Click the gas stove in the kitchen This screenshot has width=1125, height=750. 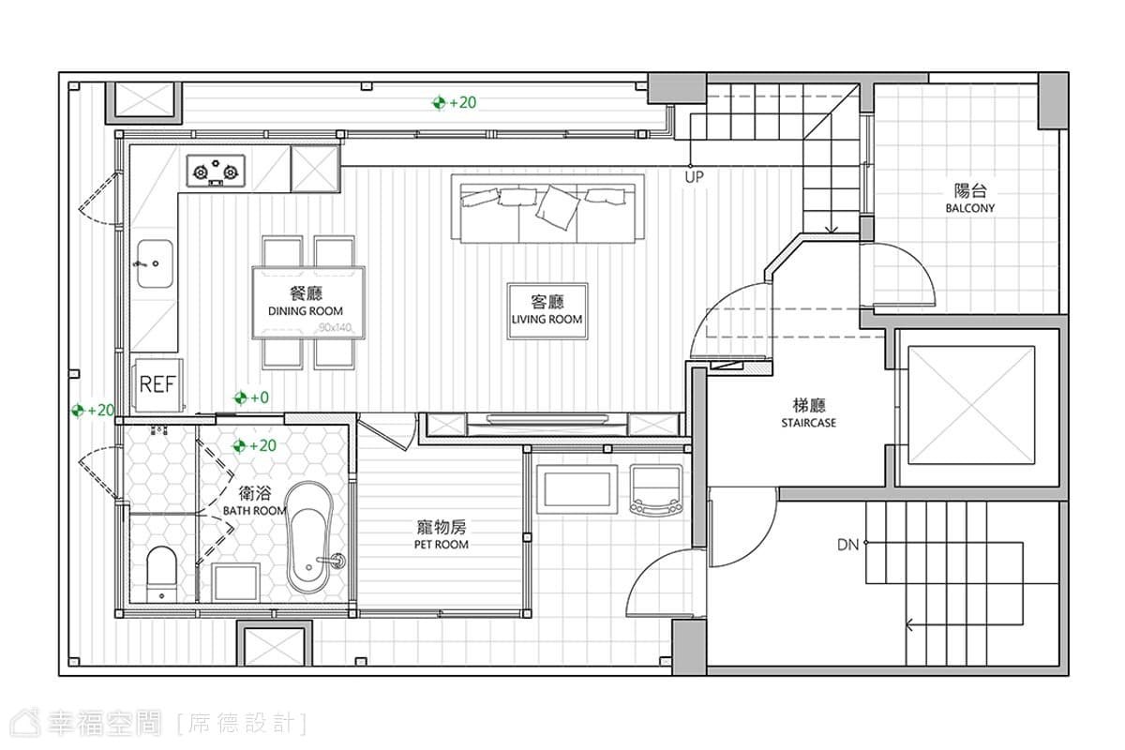point(216,171)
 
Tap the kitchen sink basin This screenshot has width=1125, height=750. point(156,263)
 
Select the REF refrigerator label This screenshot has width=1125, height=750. point(157,384)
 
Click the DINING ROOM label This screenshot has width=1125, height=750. point(306,311)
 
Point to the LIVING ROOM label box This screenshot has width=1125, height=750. point(547,311)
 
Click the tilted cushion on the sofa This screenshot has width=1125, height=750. point(558,207)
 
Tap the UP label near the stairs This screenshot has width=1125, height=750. point(695,177)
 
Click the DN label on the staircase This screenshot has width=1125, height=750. point(847,545)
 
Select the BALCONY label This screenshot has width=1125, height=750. point(969,208)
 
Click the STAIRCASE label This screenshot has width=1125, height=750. point(808,423)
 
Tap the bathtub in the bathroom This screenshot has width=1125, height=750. point(309,538)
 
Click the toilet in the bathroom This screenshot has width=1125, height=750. point(161,574)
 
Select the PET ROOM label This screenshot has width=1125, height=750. point(441,545)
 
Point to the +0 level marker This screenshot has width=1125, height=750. point(251,397)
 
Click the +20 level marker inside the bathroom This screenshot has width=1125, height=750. point(255,445)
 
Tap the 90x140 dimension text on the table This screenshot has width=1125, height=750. point(335,328)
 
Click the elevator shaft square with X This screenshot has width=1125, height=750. point(971,405)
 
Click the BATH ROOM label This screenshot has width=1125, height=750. point(254,511)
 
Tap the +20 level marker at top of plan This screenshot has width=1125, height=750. point(454,102)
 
